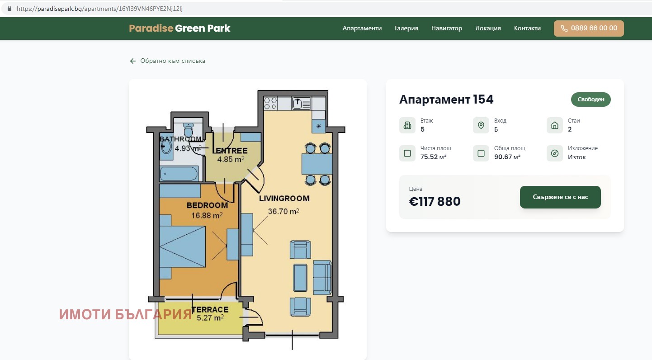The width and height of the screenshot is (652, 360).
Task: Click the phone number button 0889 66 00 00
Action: [x=589, y=28]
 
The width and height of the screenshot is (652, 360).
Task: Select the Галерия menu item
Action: [x=406, y=28]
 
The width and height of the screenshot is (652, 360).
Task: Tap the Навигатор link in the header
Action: [x=447, y=28]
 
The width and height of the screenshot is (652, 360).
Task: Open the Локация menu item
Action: [x=488, y=28]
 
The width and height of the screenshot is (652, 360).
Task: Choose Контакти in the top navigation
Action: [x=527, y=28]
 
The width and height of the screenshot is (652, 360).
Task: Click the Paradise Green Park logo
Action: [x=180, y=28]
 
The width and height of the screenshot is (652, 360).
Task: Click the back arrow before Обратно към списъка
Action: [x=133, y=61]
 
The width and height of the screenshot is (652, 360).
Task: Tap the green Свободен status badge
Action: [x=591, y=99]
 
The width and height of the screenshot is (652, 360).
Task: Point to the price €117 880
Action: [x=435, y=201]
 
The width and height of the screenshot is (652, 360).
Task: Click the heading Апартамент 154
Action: [x=446, y=99]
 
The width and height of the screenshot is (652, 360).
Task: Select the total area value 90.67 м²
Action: [x=507, y=157]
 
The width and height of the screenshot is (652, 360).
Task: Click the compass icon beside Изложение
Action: [x=554, y=153]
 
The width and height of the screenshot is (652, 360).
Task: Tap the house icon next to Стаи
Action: [x=554, y=125]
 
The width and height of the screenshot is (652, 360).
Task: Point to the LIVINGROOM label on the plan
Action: [x=284, y=199]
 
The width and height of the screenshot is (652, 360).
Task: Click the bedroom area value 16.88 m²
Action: [x=207, y=215]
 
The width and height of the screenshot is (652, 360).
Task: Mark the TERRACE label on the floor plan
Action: [x=210, y=310]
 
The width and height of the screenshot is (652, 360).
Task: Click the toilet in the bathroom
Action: [x=189, y=129]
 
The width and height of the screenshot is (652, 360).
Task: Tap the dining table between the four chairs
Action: [x=317, y=164]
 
